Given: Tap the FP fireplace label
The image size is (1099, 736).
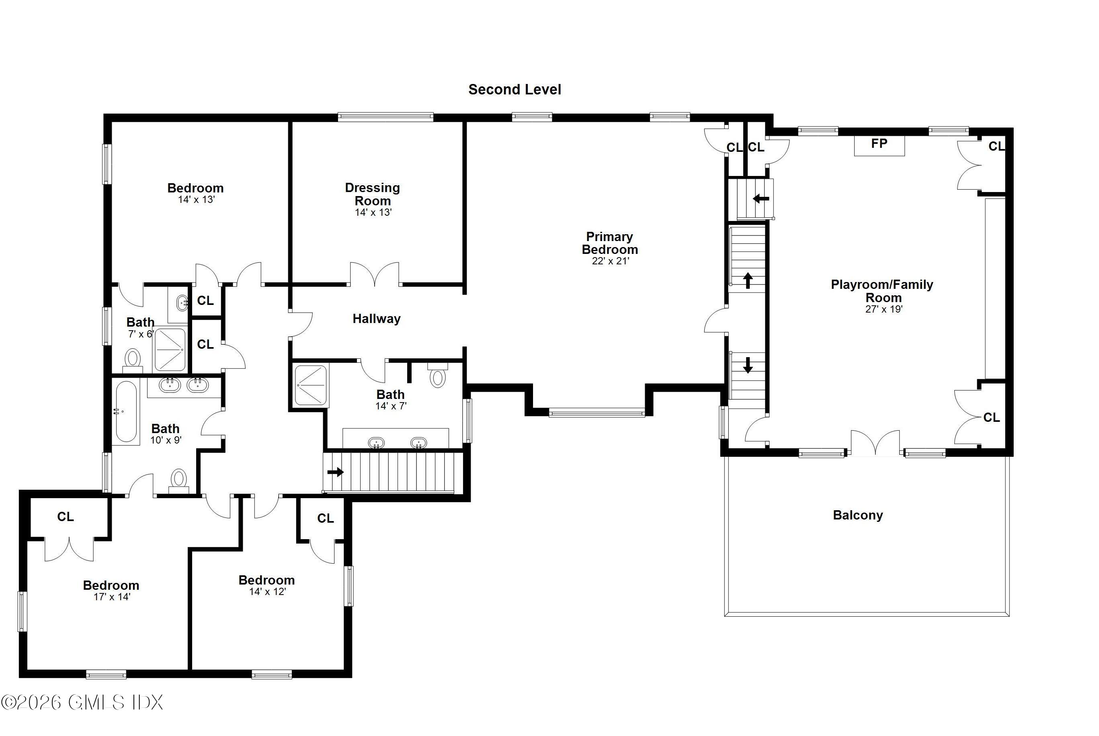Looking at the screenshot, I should click(x=879, y=144).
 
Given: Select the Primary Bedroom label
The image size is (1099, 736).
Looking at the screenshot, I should click(x=610, y=243).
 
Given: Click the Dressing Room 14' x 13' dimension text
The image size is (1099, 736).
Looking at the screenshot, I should click(x=373, y=212).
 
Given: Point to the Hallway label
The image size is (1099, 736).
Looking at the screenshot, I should click(x=376, y=319).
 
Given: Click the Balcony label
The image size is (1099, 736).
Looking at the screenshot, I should click(x=857, y=515).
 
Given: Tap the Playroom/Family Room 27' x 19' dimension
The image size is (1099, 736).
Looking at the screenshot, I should click(x=884, y=309).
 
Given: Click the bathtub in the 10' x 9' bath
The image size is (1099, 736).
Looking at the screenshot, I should click(x=126, y=412).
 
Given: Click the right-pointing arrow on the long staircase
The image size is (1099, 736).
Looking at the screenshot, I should click(x=336, y=472).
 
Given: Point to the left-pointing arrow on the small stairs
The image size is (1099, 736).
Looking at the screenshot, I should click(x=761, y=198).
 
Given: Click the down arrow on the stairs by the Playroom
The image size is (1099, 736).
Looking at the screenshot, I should click(x=748, y=365).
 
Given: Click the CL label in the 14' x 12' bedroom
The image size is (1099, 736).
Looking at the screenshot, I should click(x=325, y=518).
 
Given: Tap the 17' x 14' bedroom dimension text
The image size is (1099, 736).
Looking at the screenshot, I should click(x=112, y=597).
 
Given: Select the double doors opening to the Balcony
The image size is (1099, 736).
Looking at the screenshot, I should click(x=875, y=444).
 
